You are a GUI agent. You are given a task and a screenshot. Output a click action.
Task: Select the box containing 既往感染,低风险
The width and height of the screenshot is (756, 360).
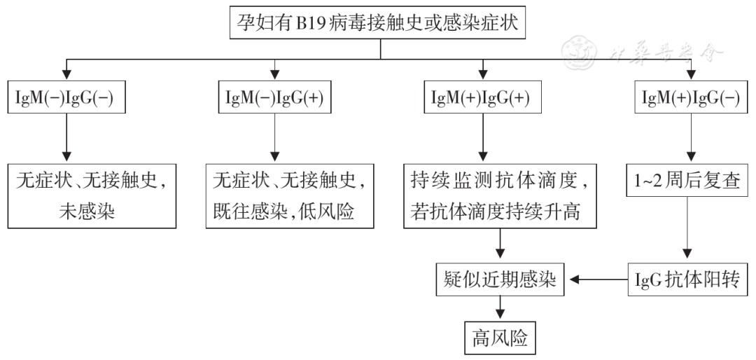point(289,195)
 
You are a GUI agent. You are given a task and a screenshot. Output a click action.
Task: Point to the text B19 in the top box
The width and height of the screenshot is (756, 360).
point(316,25)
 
